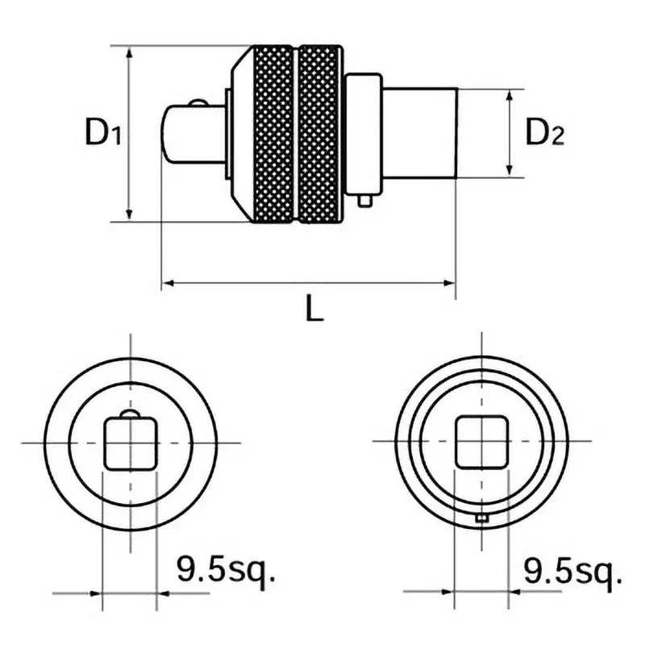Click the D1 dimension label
point(103,133)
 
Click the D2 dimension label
point(545,132)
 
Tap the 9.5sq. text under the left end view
point(226,573)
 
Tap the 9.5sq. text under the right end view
point(573,573)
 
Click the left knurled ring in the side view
point(274,133)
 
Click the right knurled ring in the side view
point(320,133)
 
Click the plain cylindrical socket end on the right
point(419,133)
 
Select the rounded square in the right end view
point(481,442)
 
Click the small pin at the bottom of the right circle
point(481,518)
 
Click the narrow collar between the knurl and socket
point(363,133)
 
